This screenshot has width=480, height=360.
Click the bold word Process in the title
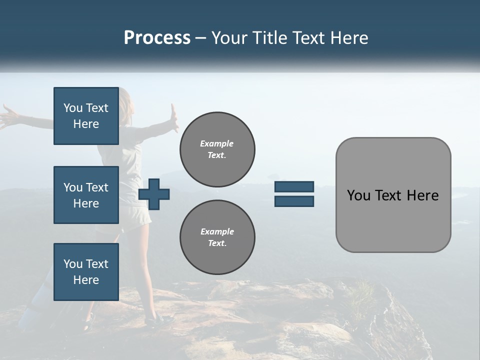tap(157, 38)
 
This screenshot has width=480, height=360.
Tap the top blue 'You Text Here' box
tap(86, 116)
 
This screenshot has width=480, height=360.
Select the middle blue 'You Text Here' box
tap(86, 195)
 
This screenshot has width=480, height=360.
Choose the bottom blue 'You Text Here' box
tap(86, 271)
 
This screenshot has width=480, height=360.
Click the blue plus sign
tap(154, 194)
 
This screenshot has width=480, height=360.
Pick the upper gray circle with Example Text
tap(217, 149)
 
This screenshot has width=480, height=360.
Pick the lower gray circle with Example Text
tap(217, 237)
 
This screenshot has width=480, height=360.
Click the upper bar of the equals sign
tap(294, 186)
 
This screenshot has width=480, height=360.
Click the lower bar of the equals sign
tap(294, 201)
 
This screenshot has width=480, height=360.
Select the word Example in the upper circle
tap(217, 143)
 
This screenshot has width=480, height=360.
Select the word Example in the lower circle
tap(217, 231)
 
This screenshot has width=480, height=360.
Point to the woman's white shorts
tap(137, 215)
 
